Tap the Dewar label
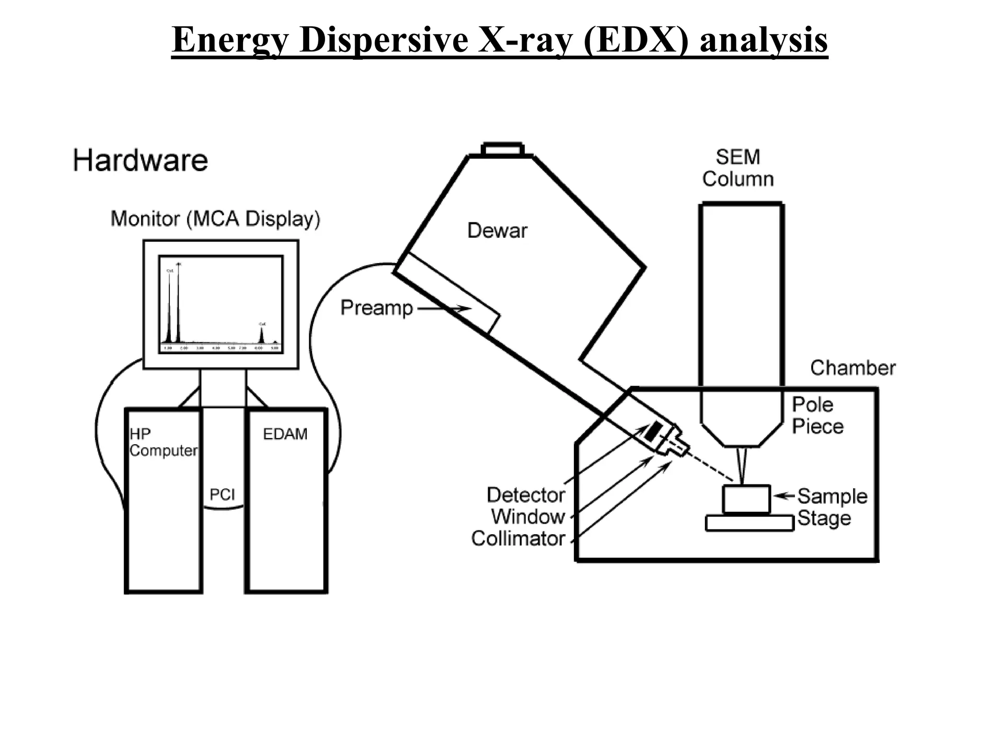point(497,230)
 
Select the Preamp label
point(376,308)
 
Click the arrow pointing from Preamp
point(444,309)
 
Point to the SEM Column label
point(738,168)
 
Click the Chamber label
point(853,368)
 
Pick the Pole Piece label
point(817,415)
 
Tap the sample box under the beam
point(746,499)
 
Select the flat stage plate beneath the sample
point(749,523)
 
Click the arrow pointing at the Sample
point(783,496)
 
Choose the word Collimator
point(518,539)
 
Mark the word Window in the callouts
point(528,517)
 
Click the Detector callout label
point(526,495)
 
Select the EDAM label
point(285,434)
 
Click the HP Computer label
point(163,442)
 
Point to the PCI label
point(222,494)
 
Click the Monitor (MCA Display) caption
point(215,219)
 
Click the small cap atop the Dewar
point(502,149)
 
